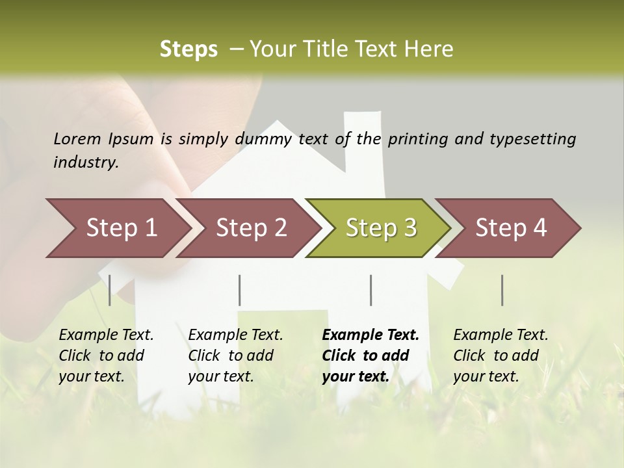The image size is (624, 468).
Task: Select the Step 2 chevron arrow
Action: [x=251, y=228]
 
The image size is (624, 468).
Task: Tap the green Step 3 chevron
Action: [x=381, y=228]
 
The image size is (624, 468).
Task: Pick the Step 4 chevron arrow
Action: [x=511, y=228]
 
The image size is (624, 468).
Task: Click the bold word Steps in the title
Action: [x=188, y=49]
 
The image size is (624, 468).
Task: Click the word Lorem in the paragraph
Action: [x=77, y=138]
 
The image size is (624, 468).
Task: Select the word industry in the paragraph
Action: [x=84, y=162]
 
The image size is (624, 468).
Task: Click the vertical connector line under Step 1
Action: [x=110, y=290]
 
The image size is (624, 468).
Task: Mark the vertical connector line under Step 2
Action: [x=240, y=290]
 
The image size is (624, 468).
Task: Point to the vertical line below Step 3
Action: [x=370, y=290]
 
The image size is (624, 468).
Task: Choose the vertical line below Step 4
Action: [x=502, y=290]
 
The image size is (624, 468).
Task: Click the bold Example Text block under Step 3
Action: [x=370, y=356]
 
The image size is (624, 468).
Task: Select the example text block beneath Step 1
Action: [x=106, y=356]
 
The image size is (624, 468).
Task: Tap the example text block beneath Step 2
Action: [x=235, y=356]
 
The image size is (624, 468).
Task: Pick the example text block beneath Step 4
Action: [x=500, y=356]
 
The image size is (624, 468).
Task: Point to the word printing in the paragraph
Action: [x=420, y=138]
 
